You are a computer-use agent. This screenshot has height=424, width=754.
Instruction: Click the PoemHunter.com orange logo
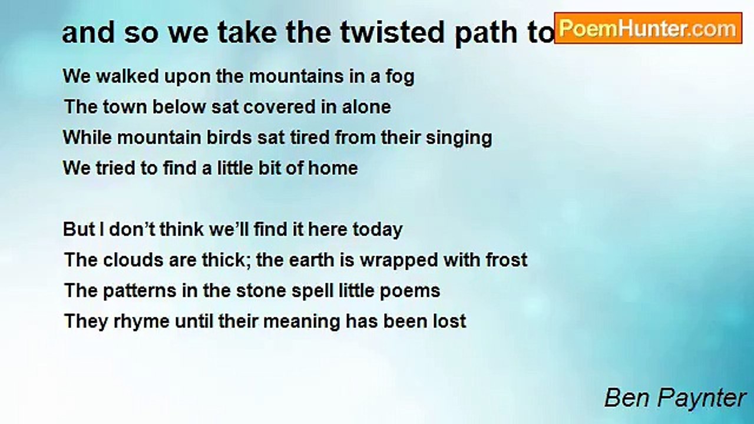[648, 28]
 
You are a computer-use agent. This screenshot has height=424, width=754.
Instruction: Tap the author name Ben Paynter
[675, 398]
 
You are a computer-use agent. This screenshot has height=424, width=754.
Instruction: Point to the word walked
[128, 76]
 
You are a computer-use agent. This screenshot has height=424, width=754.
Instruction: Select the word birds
[229, 138]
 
